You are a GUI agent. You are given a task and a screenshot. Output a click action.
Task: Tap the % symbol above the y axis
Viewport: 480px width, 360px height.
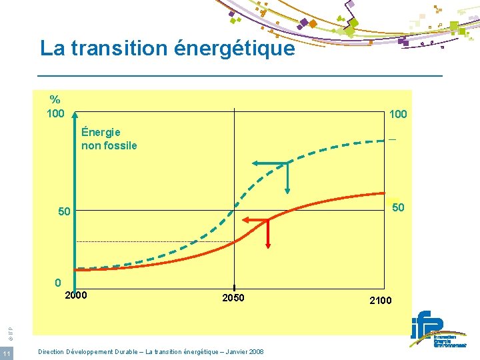coord(54,101)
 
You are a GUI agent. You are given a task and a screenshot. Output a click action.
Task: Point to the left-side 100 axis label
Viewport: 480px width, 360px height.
coord(55,113)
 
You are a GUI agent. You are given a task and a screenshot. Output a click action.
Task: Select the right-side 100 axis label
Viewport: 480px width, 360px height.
coord(397,115)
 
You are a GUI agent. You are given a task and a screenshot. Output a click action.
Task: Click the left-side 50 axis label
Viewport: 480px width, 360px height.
coord(64,212)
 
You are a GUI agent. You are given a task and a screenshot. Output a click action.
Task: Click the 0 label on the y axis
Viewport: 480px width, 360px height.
coord(58,282)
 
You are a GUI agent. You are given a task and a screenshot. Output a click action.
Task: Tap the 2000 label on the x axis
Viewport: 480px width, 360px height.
coord(76,295)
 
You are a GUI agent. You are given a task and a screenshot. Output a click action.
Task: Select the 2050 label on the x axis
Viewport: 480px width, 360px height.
coord(233,297)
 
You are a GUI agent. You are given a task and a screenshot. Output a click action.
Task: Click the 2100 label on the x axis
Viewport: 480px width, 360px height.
coord(381,301)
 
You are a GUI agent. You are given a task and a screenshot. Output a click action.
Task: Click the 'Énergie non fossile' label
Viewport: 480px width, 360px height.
coord(109,139)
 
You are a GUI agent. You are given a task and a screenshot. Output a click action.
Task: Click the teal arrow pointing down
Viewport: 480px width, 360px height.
coord(287,180)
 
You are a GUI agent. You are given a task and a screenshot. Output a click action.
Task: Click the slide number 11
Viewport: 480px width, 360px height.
coord(6,353)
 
